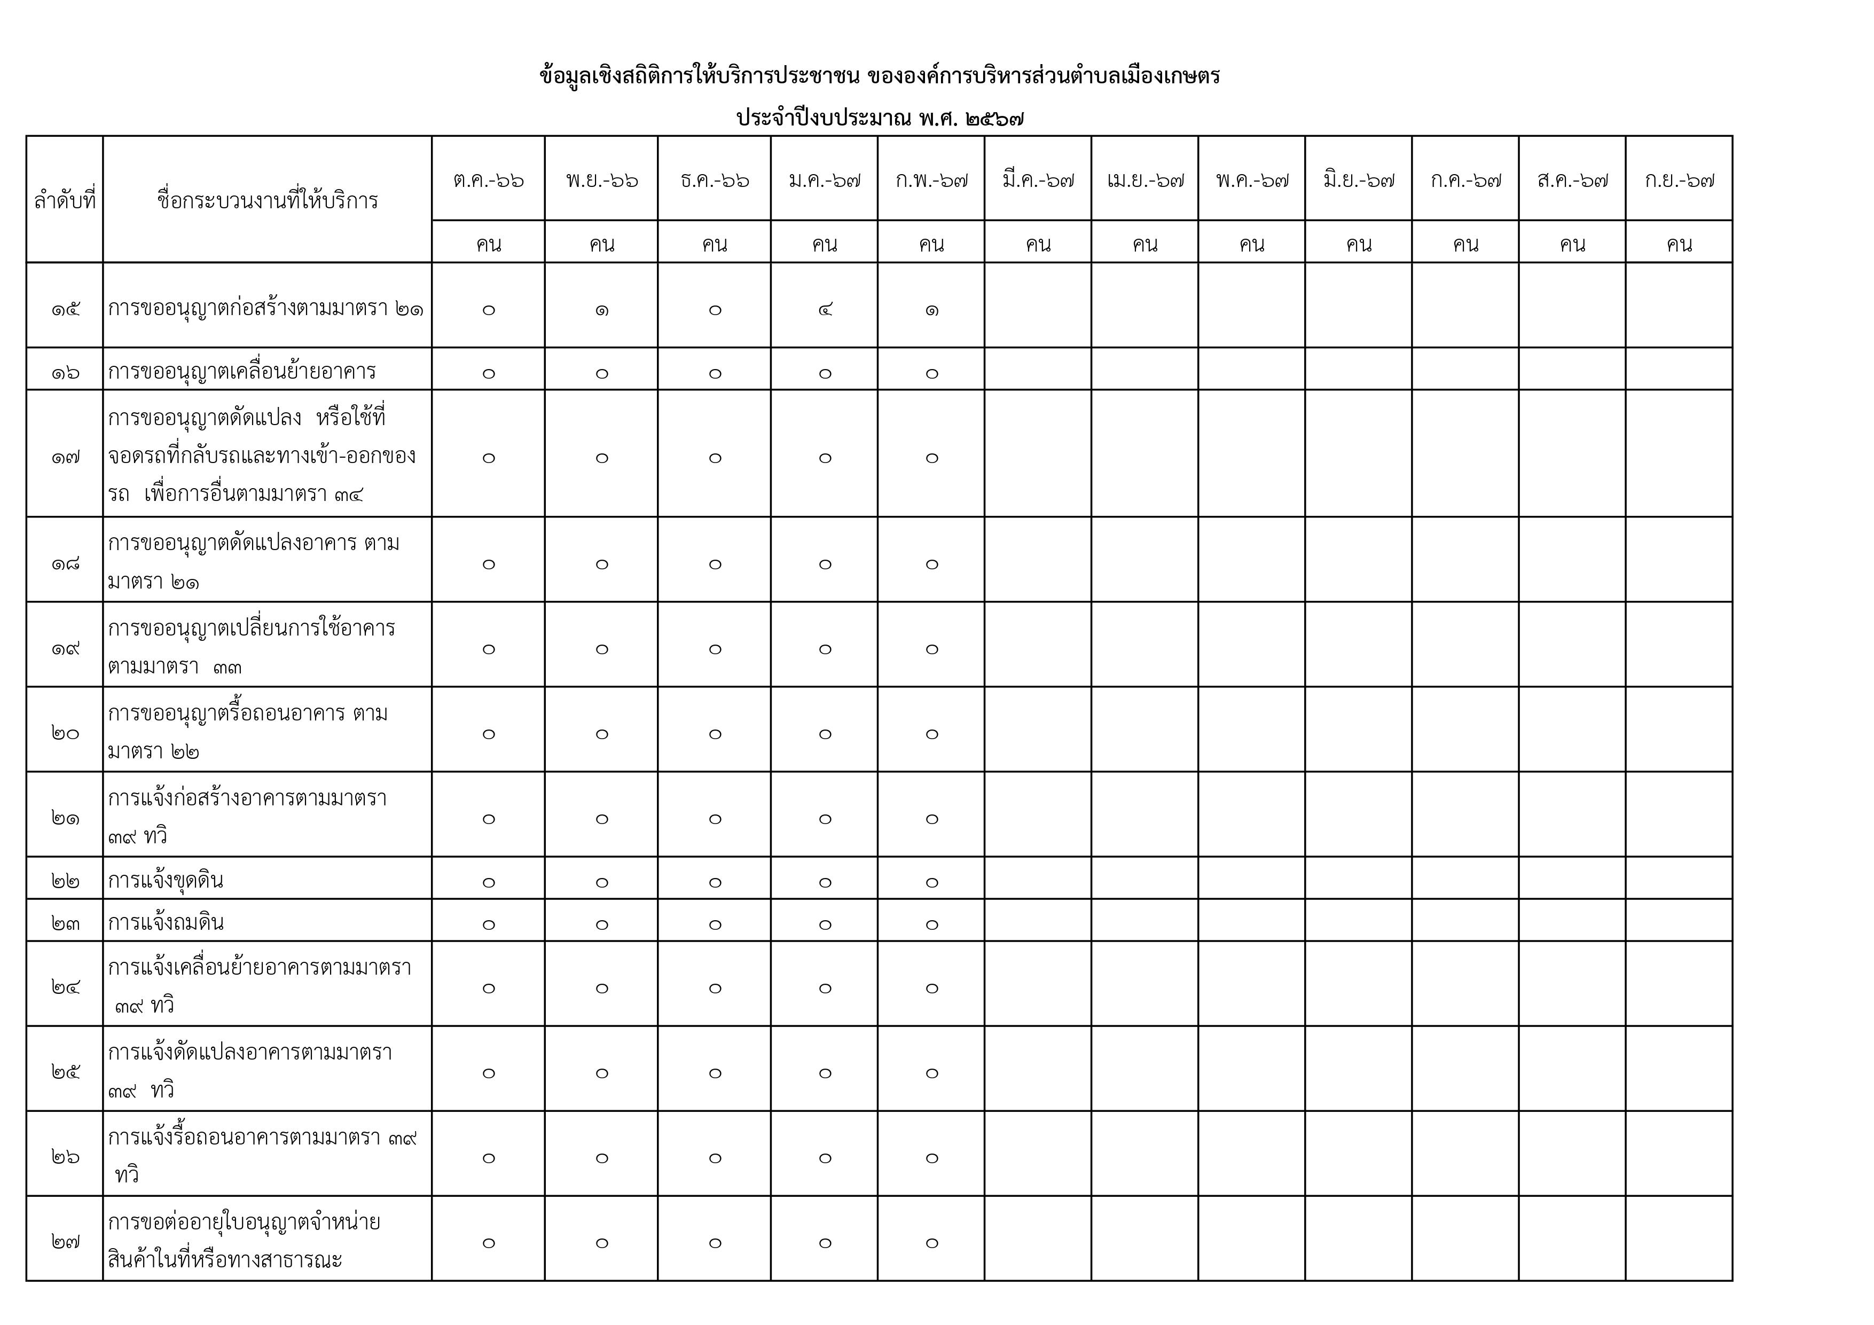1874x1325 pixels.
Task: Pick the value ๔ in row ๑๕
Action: click(x=825, y=309)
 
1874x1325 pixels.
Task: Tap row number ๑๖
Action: click(x=65, y=373)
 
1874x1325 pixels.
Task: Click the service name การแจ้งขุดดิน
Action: click(x=166, y=881)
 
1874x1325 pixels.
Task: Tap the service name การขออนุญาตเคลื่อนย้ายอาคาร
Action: click(x=241, y=372)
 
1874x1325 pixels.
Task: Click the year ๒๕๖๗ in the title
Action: click(x=993, y=119)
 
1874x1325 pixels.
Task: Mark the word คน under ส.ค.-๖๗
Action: click(x=1572, y=244)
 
